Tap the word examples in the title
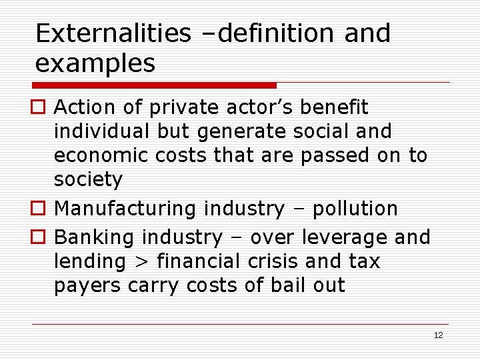(95, 64)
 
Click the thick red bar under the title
(155, 85)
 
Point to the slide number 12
(438, 335)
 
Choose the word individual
(103, 131)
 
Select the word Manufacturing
(125, 209)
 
